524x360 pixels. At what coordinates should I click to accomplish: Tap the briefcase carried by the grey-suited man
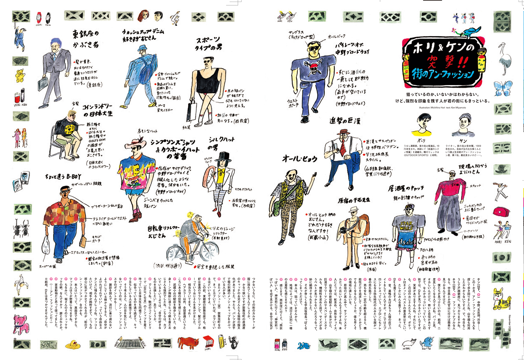[x=43, y=84]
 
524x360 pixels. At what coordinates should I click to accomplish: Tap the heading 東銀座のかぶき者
[x=85, y=39]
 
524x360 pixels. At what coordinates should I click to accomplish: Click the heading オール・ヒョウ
[x=299, y=159]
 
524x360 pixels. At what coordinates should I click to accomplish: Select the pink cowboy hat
[x=138, y=142]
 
